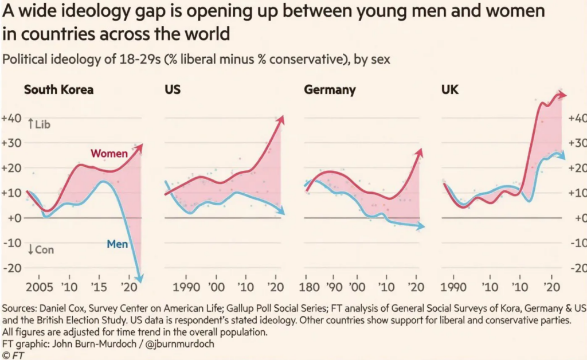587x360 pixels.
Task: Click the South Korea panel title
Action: tap(58, 90)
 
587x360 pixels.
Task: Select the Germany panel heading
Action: tap(330, 90)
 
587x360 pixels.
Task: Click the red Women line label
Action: tap(109, 154)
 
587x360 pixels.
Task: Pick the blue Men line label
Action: tap(117, 244)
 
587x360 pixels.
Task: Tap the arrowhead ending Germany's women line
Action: tap(420, 151)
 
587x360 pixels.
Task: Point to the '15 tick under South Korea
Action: tap(101, 287)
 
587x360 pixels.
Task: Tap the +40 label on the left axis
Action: tap(12, 119)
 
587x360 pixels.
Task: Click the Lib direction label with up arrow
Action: tap(39, 123)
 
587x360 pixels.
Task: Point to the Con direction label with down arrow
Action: tap(40, 249)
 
